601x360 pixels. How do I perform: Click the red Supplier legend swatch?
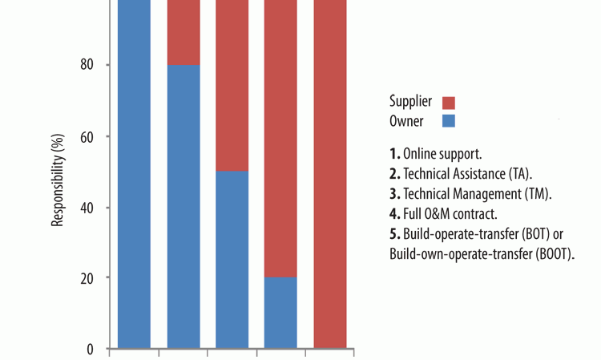click(449, 103)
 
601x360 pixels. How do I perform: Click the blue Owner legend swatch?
click(449, 121)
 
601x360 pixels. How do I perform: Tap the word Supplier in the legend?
click(410, 102)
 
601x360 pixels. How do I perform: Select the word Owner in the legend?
click(406, 120)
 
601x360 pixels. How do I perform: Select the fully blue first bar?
click(134, 176)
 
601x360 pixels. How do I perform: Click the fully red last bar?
click(329, 176)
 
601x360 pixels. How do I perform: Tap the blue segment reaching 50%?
click(232, 261)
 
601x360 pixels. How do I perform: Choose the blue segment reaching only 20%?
click(280, 313)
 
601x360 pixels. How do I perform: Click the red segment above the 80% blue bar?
click(183, 32)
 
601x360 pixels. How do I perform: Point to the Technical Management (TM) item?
click(467, 194)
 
